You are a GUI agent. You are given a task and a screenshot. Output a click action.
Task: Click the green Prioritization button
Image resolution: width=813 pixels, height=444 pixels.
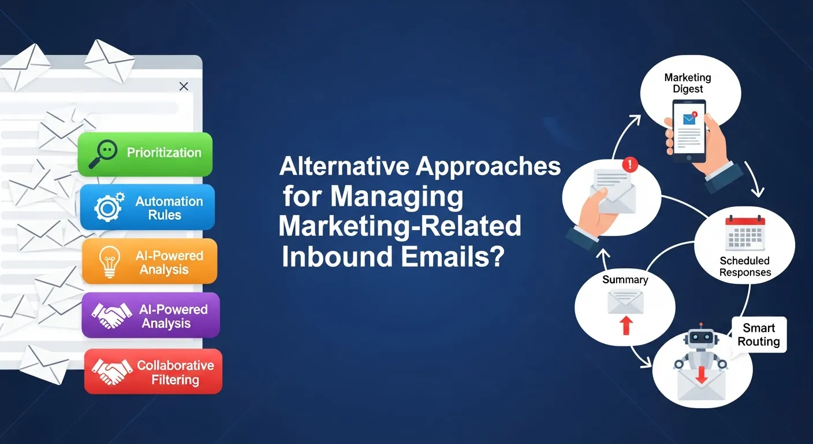point(145,154)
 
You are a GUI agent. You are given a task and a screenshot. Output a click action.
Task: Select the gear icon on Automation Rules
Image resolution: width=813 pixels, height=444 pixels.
point(108,208)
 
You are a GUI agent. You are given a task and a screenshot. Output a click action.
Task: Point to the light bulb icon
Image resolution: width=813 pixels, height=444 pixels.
point(110,261)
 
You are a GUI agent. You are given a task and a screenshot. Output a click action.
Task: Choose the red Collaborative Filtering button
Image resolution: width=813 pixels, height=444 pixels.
point(153,372)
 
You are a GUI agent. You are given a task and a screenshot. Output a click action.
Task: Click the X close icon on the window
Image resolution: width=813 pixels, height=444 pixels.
point(184,87)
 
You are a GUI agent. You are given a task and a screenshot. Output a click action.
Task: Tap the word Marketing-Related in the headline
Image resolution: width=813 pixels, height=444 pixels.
point(400,226)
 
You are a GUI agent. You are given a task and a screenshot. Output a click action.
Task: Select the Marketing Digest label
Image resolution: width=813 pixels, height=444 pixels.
point(687,83)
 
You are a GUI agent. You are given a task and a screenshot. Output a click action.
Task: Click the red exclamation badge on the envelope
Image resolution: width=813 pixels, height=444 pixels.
point(630,165)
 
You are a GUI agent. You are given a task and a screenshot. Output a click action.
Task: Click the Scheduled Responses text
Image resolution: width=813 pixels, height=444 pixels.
point(745,267)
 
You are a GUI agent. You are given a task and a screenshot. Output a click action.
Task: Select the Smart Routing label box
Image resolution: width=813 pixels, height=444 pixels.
point(758,335)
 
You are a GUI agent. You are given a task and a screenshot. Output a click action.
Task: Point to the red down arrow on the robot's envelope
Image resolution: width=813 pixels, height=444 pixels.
point(702,374)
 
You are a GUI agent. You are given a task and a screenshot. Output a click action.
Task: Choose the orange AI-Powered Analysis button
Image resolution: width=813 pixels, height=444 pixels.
point(150,262)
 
